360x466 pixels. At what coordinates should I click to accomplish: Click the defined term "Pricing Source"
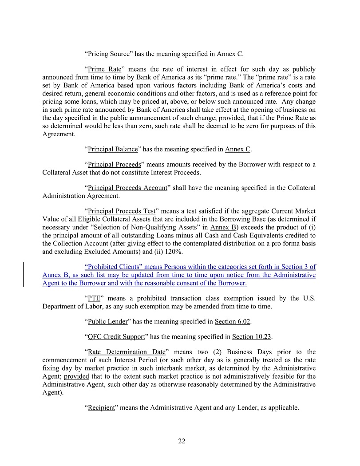click(x=109, y=54)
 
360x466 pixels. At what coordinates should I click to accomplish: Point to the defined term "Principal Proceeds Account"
click(x=127, y=188)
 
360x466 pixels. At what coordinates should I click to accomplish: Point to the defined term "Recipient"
click(x=101, y=407)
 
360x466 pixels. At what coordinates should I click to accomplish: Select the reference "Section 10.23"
click(x=255, y=336)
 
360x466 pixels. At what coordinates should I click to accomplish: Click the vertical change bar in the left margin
click(x=23, y=275)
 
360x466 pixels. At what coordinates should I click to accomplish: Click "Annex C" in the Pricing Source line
click(x=229, y=54)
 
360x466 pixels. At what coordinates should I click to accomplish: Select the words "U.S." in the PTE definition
click(x=309, y=298)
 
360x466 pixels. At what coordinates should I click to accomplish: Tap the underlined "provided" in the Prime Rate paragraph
click(x=231, y=118)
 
